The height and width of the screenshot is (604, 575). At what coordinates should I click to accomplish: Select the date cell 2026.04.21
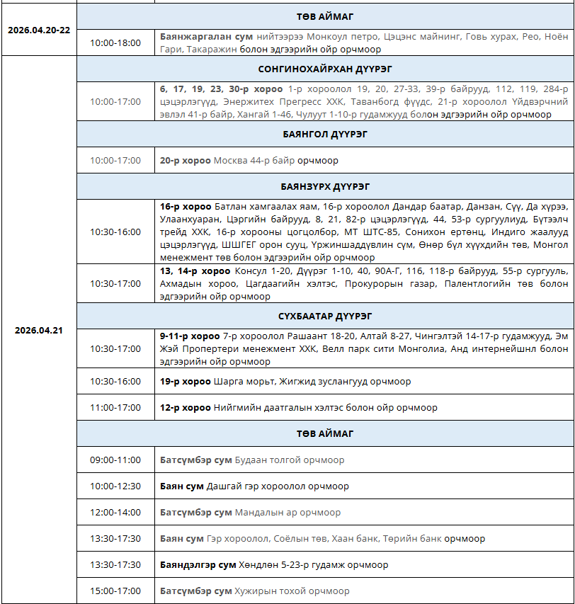coord(38,330)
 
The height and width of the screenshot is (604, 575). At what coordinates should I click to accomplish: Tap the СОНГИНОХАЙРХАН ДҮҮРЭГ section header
coord(325,69)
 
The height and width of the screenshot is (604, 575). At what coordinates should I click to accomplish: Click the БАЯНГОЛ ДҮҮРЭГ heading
coord(325,134)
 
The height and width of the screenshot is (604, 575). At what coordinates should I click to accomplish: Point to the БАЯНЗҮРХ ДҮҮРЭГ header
coord(325,187)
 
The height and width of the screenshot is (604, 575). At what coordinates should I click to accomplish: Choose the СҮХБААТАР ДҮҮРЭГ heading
coord(325,316)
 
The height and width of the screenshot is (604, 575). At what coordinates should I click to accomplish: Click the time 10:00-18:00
coord(115,43)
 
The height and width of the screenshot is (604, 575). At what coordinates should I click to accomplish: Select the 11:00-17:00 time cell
coord(115,408)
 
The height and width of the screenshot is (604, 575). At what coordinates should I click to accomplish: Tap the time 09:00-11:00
coord(115,460)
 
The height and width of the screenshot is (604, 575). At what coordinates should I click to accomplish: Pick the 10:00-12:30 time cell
coord(115,486)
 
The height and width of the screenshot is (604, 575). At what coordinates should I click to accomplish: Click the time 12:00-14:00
coord(115,513)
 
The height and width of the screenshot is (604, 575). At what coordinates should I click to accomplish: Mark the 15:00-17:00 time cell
coord(115,591)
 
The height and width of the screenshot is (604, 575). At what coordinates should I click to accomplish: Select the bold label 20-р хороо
coord(185,161)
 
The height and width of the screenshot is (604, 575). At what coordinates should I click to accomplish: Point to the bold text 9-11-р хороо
coord(190,336)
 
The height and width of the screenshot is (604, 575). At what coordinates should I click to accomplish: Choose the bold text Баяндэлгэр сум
coord(198,565)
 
